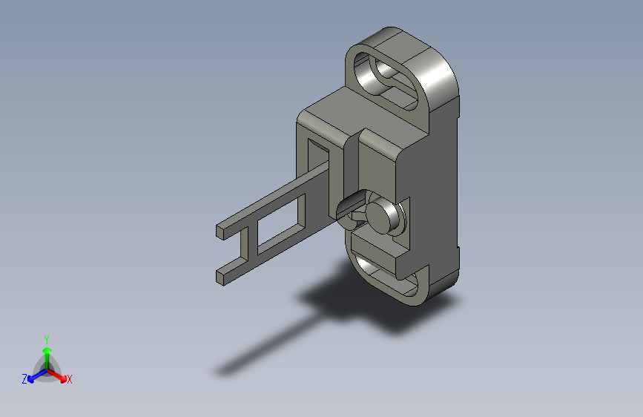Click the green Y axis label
click(x=47, y=338)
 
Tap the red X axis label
click(x=70, y=380)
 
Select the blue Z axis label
click(x=24, y=379)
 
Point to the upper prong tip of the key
click(x=221, y=230)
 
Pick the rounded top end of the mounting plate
click(x=415, y=48)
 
